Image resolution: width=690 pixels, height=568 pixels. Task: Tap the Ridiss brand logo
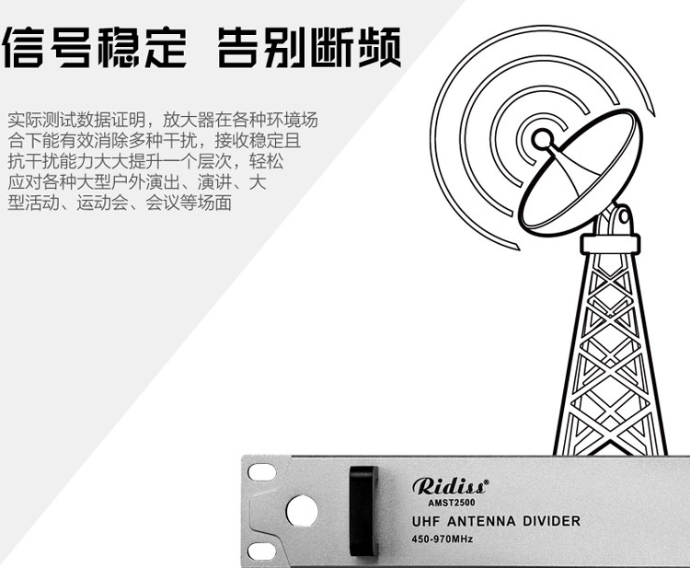[x=450, y=486]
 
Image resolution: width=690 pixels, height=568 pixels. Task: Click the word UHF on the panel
[x=429, y=522]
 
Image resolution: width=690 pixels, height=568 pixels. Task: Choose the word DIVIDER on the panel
[x=551, y=522]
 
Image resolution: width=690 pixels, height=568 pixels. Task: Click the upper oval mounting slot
[x=261, y=470]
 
